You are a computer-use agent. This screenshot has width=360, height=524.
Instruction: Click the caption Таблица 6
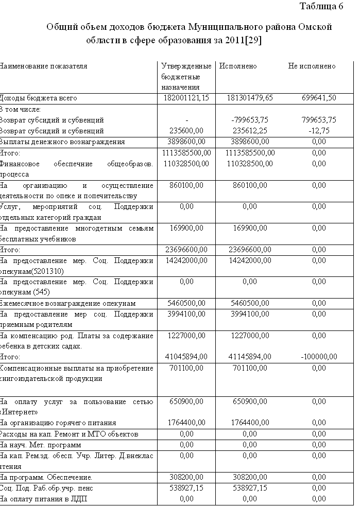(321, 7)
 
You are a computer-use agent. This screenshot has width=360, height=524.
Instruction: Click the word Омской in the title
(314, 27)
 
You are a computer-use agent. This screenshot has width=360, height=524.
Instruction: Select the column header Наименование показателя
(43, 66)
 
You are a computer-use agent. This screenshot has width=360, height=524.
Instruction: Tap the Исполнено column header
(238, 66)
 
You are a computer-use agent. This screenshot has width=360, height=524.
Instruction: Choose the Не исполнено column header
(312, 66)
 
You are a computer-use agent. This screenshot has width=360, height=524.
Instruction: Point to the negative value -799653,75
(250, 120)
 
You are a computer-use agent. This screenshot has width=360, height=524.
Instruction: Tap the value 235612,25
(250, 131)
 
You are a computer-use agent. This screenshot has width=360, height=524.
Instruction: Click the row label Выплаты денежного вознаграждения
(62, 142)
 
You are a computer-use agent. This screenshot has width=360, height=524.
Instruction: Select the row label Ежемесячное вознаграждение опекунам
(67, 303)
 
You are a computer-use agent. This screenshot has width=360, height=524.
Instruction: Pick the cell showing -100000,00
(319, 357)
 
